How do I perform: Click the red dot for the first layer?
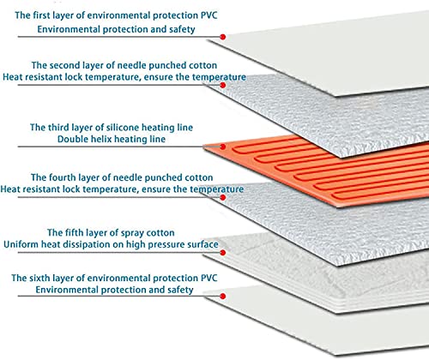point(223,37)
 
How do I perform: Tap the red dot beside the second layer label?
point(223,85)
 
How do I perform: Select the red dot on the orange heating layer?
point(223,147)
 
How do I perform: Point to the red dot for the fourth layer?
point(223,197)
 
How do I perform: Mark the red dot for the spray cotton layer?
point(223,253)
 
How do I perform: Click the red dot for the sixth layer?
point(223,296)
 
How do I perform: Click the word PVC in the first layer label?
point(209,15)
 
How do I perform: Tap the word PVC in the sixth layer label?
point(209,278)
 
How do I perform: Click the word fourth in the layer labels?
point(63,177)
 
